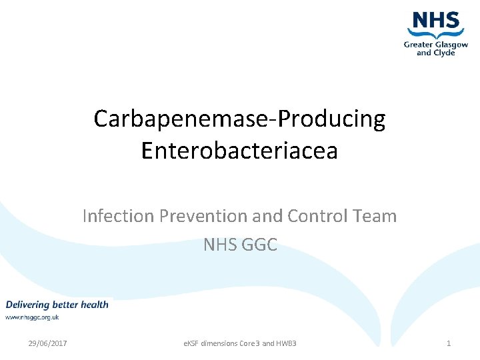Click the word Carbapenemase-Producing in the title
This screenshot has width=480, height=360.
coord(239,119)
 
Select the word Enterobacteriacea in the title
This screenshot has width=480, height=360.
coord(239,151)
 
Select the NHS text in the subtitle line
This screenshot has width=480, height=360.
coord(220,245)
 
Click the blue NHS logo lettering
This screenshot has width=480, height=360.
coord(437,20)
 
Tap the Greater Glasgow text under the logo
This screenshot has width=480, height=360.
coord(436,45)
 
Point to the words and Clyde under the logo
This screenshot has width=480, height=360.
coord(436,53)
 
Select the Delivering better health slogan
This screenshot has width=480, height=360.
coord(57,305)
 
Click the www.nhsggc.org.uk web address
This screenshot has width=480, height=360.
coord(33,317)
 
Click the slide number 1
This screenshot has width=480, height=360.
coord(449,343)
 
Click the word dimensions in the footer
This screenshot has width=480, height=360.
coord(224,343)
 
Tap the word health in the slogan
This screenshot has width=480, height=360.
coord(95,305)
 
